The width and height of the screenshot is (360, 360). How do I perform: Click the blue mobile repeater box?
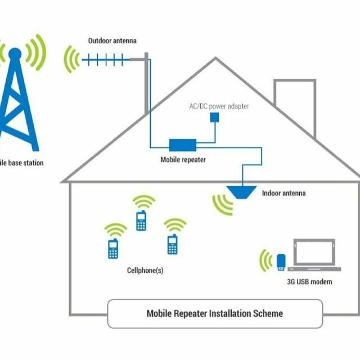(183, 145)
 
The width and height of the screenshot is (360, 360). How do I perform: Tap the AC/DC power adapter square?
(214, 117)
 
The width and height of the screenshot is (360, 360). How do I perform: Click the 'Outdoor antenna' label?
(112, 41)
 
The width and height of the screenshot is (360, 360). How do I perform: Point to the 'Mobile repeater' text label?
(183, 160)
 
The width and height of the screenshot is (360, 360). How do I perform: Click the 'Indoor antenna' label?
(283, 193)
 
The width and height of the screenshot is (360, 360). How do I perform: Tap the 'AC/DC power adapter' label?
(218, 106)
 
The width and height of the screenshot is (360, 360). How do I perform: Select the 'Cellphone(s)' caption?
(145, 271)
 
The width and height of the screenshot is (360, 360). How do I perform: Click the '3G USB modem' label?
(306, 281)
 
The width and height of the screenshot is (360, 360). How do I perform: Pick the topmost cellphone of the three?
(141, 220)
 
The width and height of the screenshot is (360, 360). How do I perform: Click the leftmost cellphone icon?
(113, 248)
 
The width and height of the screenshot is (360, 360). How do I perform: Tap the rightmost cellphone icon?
(172, 244)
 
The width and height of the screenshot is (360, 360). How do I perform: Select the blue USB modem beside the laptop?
(281, 262)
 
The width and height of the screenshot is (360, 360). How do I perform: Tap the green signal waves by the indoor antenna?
(222, 204)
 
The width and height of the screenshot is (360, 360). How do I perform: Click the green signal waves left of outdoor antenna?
(72, 59)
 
